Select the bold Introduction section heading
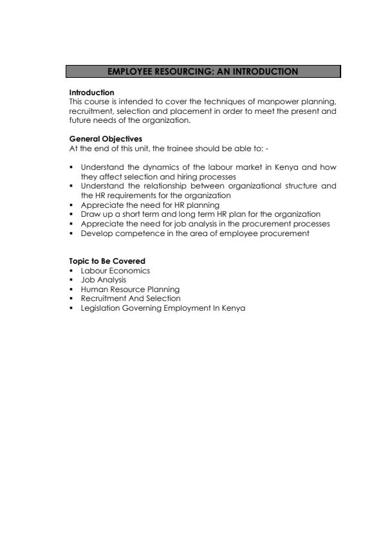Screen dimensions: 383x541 tap(91, 93)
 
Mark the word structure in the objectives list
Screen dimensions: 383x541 tap(302, 186)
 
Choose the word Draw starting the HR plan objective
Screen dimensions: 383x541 tap(89, 214)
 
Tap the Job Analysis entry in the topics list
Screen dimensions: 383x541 tap(103, 280)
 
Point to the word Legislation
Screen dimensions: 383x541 tap(100, 307)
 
